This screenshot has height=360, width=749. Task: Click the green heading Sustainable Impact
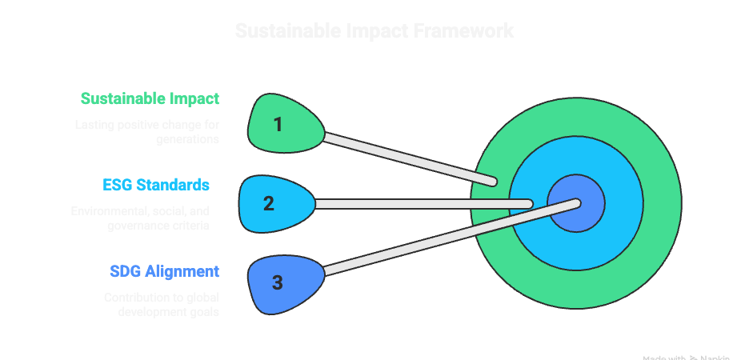(x=150, y=99)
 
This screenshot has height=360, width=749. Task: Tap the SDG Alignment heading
(x=164, y=272)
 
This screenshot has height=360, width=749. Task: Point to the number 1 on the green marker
(x=278, y=125)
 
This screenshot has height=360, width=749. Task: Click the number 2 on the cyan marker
(x=269, y=203)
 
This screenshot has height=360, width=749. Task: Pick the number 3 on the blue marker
(x=278, y=282)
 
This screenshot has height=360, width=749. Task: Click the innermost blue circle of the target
(x=576, y=204)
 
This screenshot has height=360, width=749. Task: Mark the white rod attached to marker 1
(x=408, y=157)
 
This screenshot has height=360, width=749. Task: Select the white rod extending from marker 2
(x=424, y=204)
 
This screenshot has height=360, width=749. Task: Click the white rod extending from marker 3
(x=448, y=240)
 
